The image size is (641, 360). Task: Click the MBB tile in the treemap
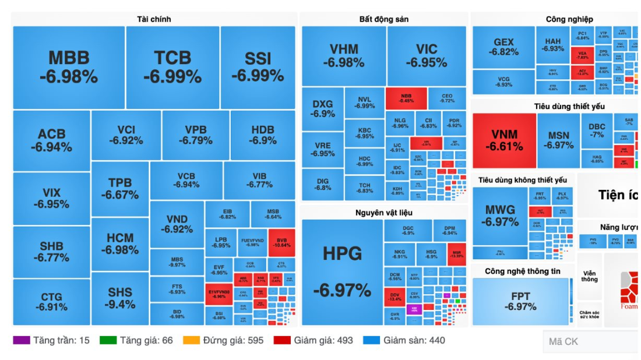click(69, 67)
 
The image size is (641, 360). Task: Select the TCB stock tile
click(172, 67)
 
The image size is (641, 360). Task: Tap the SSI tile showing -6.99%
click(258, 67)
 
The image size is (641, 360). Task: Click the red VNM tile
click(504, 140)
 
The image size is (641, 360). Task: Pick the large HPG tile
click(342, 271)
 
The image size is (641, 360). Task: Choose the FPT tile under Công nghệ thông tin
click(520, 301)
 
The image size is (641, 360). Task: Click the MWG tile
click(499, 216)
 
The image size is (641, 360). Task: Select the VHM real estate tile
click(344, 55)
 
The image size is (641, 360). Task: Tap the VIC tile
click(427, 55)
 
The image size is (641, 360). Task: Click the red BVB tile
click(282, 242)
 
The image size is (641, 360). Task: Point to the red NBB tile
click(406, 98)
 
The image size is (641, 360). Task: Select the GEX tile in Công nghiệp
click(503, 47)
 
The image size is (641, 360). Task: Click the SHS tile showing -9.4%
click(120, 298)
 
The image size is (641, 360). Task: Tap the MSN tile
click(558, 140)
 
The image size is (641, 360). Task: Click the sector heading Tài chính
click(154, 19)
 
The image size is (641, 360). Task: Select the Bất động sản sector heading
click(383, 19)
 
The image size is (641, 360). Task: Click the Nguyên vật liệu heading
click(383, 213)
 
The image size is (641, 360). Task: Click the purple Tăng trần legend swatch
click(21, 340)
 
